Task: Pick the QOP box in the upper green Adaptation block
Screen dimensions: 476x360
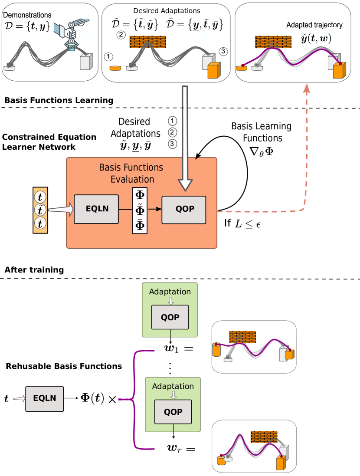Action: [x=170, y=317]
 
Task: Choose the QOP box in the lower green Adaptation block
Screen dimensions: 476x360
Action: [x=173, y=412]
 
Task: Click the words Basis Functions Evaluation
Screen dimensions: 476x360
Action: [x=131, y=173]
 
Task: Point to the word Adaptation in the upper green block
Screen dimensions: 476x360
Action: [x=170, y=292]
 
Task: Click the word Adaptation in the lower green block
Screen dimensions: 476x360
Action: [x=173, y=386]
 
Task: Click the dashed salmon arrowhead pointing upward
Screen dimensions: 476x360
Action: [x=307, y=89]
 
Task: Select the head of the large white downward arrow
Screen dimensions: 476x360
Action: [x=185, y=184]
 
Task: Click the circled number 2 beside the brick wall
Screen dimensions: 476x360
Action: [x=121, y=35]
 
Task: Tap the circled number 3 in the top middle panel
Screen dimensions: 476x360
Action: [x=223, y=52]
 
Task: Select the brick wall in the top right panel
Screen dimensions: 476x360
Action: [x=272, y=42]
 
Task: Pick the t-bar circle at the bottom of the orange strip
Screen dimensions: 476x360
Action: [x=40, y=224]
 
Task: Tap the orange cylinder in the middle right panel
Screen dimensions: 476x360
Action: [x=217, y=350]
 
